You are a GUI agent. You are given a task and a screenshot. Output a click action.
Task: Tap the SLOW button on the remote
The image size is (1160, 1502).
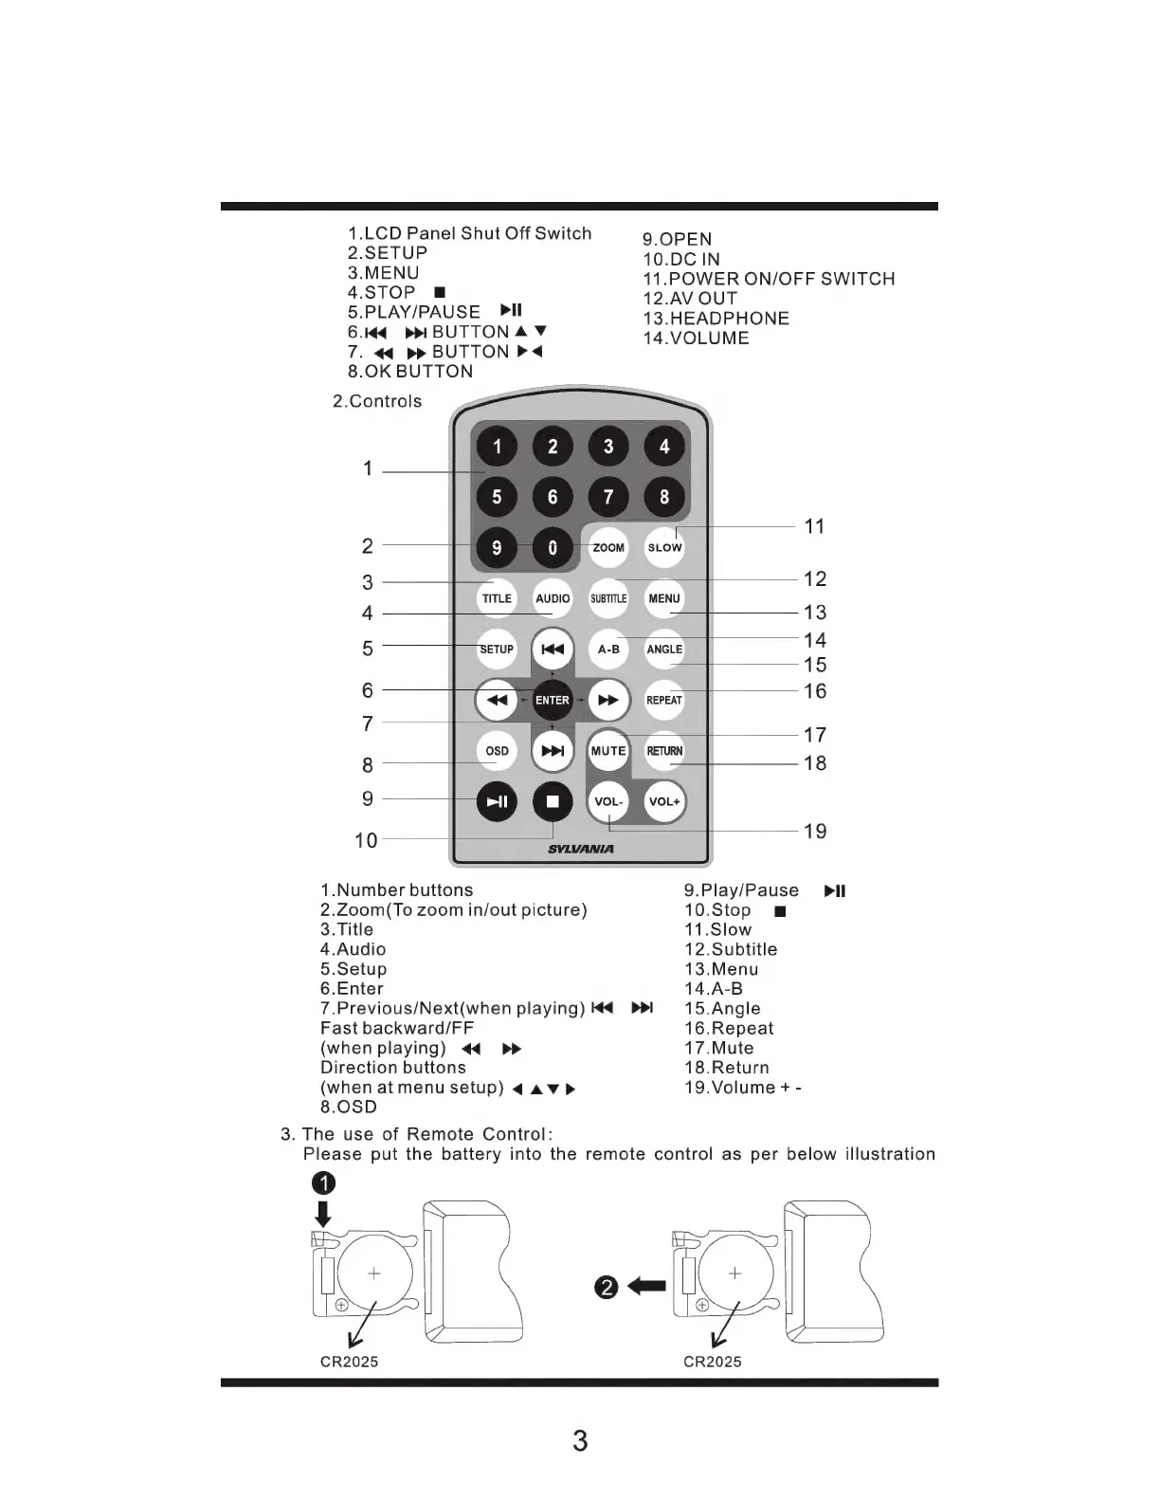[x=664, y=547]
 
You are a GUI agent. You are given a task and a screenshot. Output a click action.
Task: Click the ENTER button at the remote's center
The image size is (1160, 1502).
[x=553, y=700]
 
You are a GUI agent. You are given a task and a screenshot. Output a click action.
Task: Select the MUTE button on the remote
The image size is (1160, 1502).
[x=608, y=751]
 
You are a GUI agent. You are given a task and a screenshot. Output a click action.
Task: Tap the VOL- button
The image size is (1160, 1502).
[x=608, y=801]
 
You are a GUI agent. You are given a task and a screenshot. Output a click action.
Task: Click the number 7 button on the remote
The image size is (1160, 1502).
[x=608, y=496]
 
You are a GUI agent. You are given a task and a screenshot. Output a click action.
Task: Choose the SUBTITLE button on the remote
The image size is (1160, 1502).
[x=608, y=598]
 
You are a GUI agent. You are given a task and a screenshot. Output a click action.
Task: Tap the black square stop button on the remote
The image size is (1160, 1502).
[x=553, y=801]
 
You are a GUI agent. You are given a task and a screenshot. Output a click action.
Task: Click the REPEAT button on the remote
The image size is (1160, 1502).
[x=664, y=700]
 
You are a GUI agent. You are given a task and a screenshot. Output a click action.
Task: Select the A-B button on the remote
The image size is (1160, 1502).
[x=608, y=650]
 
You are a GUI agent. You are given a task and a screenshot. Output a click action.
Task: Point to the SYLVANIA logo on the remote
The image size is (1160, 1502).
[x=581, y=849]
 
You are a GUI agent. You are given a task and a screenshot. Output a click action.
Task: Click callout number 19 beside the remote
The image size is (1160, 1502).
[x=815, y=832]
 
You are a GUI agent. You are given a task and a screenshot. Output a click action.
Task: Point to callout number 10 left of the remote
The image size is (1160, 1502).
[x=366, y=840]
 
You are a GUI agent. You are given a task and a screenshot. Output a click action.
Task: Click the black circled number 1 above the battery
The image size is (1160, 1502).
[x=324, y=1182]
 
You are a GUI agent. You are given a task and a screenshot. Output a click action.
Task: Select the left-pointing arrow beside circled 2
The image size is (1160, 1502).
[x=647, y=1287]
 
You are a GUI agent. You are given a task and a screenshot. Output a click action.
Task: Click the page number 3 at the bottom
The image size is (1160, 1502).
[x=580, y=1441]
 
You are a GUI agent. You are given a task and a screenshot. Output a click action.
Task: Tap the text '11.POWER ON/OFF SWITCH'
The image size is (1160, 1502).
[x=769, y=279]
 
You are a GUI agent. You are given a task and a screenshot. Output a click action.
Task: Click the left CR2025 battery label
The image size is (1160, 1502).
[x=349, y=1362]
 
